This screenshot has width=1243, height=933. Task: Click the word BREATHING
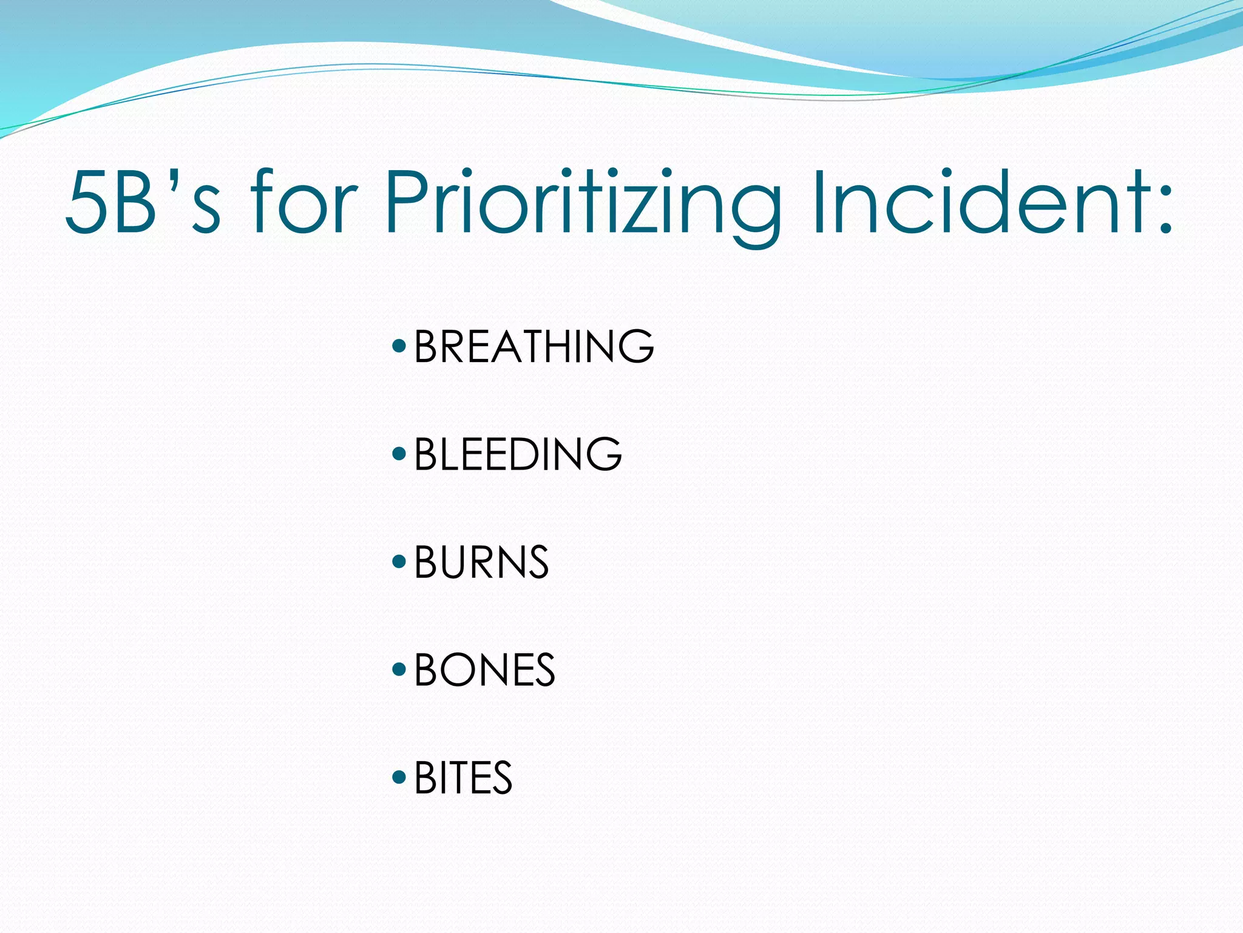coord(533,346)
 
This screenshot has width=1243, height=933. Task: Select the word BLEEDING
coord(518,454)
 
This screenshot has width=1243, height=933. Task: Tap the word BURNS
coord(481,562)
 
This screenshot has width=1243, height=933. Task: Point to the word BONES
coord(484,670)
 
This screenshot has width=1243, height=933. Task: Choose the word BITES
coord(463,778)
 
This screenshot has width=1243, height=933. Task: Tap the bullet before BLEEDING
coord(399,454)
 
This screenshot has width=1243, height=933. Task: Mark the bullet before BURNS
coord(399,561)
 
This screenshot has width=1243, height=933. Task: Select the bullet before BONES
coord(399,669)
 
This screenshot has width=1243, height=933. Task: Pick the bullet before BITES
coord(399,777)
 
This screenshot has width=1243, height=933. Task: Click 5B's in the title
coord(143,202)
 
